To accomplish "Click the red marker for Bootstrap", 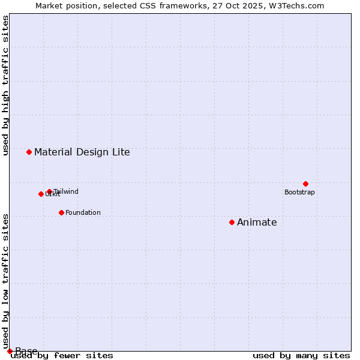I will [305, 184].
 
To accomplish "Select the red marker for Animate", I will [232, 223].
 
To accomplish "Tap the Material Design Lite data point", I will [29, 152].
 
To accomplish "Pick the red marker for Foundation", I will [61, 212].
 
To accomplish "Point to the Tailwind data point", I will [49, 191].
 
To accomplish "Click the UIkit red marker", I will [41, 194].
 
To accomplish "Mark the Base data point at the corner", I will [10, 351].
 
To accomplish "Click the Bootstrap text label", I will [299, 193].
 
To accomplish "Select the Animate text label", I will [257, 223].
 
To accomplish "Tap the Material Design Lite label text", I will [82, 152].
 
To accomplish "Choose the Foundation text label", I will [83, 213].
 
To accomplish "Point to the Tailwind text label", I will [66, 192].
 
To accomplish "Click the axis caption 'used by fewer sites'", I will [62, 355].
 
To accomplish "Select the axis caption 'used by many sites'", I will [301, 355].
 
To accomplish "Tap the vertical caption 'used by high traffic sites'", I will [6, 85].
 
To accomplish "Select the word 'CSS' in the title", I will [149, 6].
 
